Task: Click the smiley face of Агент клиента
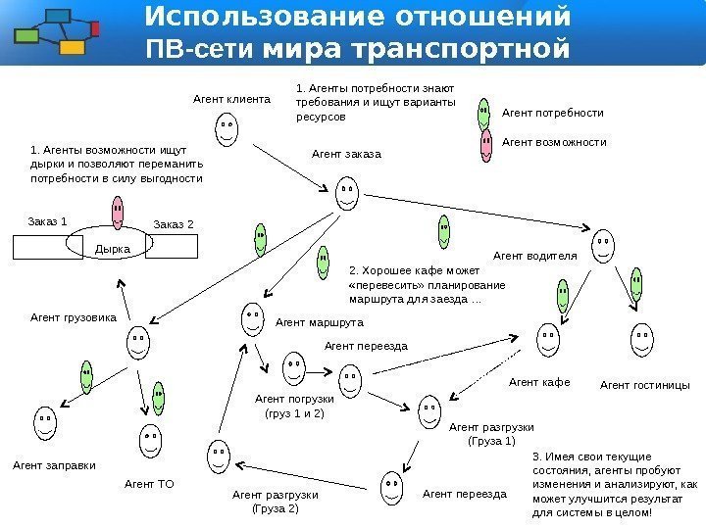click(x=227, y=129)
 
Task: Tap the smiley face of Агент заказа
click(x=346, y=192)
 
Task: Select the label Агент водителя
click(x=534, y=256)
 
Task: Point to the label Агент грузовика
click(x=74, y=317)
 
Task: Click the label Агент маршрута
click(x=319, y=321)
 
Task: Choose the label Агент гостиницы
click(x=644, y=385)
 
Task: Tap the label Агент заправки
click(x=54, y=466)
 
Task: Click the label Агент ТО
click(x=149, y=483)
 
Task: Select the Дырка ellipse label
click(x=112, y=249)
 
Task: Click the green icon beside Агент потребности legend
click(x=484, y=113)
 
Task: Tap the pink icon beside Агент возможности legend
click(x=484, y=144)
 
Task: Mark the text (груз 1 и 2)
click(x=295, y=414)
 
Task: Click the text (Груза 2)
click(x=276, y=509)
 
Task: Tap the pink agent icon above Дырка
click(x=118, y=210)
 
